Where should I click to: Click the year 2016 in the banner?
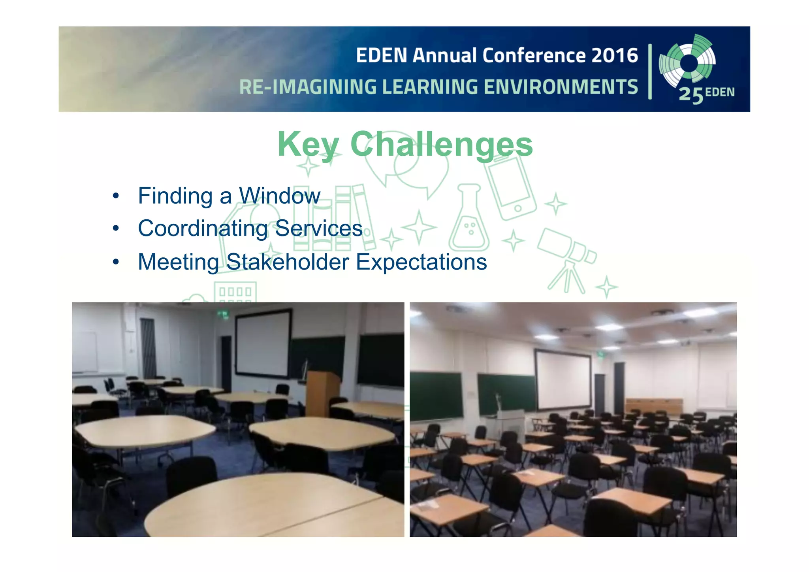tap(615, 55)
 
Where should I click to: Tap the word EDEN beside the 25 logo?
tap(720, 93)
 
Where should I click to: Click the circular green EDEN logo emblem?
tap(688, 61)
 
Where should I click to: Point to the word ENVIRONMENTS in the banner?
tap(561, 87)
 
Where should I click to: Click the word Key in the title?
tap(308, 145)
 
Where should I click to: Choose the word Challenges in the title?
tap(441, 145)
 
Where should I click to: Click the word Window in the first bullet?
tap(280, 196)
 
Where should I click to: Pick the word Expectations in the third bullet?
tap(421, 262)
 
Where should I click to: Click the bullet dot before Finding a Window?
tap(116, 196)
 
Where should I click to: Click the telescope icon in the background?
tap(567, 257)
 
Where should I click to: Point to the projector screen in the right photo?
tap(563, 379)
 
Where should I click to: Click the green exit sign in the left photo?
tap(223, 315)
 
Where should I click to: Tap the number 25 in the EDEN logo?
tap(691, 95)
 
